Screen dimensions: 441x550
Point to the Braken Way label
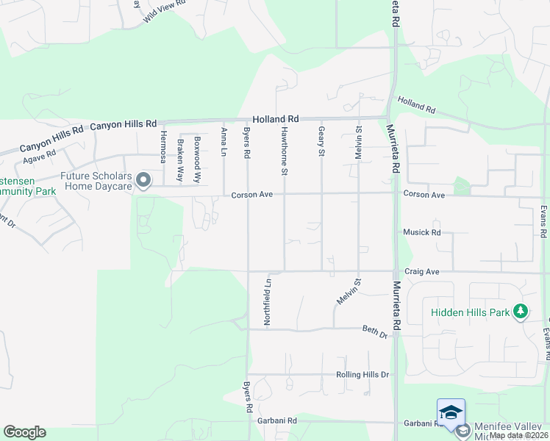(x=179, y=161)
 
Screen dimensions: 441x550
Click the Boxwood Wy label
(x=196, y=159)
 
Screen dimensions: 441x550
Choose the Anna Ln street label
(x=224, y=140)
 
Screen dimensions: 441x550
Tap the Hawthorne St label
(x=284, y=151)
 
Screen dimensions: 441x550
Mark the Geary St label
(x=321, y=141)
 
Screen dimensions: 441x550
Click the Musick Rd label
(x=421, y=232)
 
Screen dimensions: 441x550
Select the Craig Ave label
(x=422, y=272)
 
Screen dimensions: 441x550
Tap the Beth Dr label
(x=374, y=332)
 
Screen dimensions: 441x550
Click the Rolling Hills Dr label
(x=362, y=375)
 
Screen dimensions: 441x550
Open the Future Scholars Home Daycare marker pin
(x=143, y=179)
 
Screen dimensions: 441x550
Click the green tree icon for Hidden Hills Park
(x=521, y=312)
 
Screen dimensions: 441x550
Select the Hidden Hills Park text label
(x=471, y=312)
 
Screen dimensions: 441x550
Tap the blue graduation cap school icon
(x=451, y=412)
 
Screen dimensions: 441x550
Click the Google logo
(x=24, y=432)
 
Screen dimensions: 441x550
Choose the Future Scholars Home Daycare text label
(x=96, y=181)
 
